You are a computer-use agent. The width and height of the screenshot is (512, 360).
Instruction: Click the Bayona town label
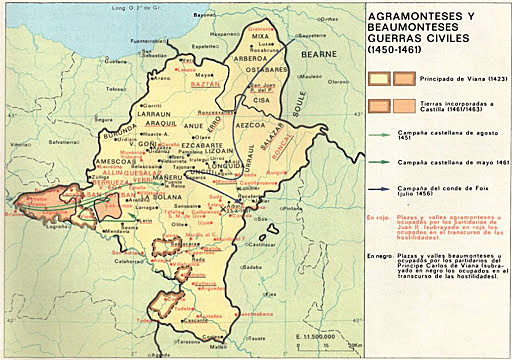coord(205,16)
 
